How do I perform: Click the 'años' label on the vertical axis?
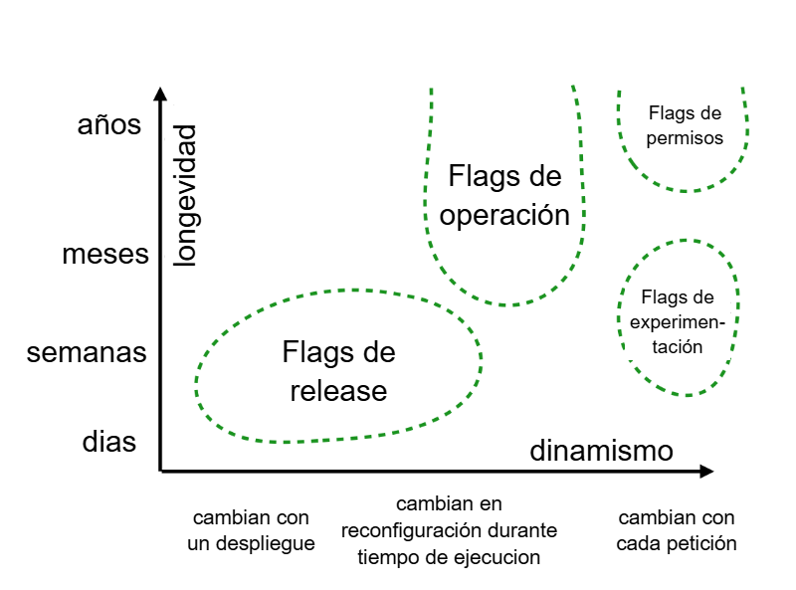pyautogui.click(x=109, y=126)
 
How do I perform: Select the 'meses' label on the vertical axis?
pyautogui.click(x=105, y=255)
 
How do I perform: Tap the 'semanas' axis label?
pyautogui.click(x=88, y=353)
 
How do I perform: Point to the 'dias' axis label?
pyautogui.click(x=108, y=442)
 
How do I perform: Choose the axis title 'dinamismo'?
pyautogui.click(x=601, y=451)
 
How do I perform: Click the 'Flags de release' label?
pyautogui.click(x=338, y=371)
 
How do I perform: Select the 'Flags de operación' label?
pyautogui.click(x=504, y=196)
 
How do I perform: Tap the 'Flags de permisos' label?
pyautogui.click(x=685, y=125)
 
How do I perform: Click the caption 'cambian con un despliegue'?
pyautogui.click(x=251, y=530)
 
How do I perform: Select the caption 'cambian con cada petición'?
pyautogui.click(x=677, y=530)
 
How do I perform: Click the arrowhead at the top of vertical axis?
pyautogui.click(x=160, y=96)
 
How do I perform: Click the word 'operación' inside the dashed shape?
pyautogui.click(x=504, y=215)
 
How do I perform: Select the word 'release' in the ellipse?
pyautogui.click(x=338, y=391)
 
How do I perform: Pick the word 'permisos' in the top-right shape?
pyautogui.click(x=685, y=138)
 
